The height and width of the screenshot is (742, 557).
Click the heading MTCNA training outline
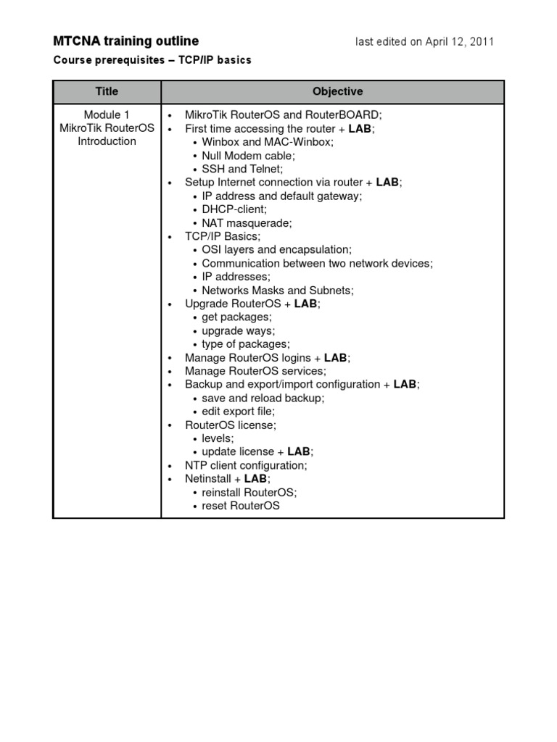(125, 41)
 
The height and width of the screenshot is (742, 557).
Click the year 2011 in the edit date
(482, 42)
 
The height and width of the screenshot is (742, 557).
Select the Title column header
(107, 91)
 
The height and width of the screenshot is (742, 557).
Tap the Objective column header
(337, 91)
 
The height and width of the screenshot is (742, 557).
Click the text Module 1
(107, 114)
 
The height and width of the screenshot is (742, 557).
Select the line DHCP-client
(234, 209)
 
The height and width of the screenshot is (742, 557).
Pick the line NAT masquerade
(247, 223)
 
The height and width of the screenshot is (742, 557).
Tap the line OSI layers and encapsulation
(276, 250)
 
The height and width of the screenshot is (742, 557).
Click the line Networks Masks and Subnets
(278, 291)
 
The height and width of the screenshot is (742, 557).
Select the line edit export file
(238, 412)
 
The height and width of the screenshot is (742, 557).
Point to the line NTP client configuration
(246, 465)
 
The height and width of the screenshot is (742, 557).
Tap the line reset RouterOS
(240, 506)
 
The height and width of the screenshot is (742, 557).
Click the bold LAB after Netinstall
(255, 479)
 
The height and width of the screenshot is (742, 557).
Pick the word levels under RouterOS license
(218, 438)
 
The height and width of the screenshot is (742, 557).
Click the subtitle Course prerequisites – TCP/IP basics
(152, 60)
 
